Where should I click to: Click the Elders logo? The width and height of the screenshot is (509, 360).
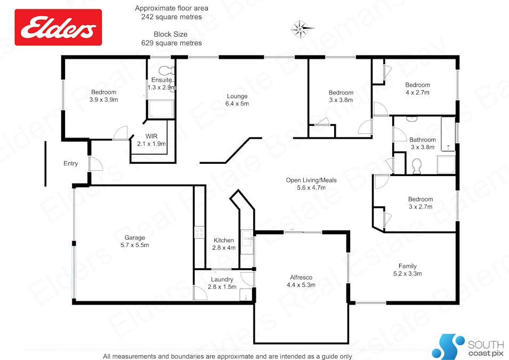[58, 27]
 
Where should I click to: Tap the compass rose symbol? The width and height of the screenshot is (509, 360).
[302, 29]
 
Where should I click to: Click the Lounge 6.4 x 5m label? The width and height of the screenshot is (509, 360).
[237, 100]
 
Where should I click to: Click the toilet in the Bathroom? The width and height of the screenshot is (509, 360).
[416, 166]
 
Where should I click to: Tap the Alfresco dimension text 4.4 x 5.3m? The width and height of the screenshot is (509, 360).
[301, 285]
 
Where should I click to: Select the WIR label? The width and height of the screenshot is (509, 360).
[151, 136]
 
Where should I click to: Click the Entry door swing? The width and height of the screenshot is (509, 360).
[96, 164]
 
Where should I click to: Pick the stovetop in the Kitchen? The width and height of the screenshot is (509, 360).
[199, 233]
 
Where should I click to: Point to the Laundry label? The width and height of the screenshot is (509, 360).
[222, 279]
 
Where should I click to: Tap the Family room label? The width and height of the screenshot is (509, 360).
[407, 270]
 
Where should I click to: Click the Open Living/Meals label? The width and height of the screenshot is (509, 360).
[311, 180]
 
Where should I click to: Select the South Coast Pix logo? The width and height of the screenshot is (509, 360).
[468, 346]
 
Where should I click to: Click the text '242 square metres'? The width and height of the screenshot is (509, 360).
[172, 17]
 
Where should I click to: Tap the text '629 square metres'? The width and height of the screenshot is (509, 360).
[172, 43]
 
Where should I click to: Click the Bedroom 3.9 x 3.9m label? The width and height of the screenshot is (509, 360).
[103, 96]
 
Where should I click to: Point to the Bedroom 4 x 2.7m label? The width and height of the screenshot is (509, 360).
[417, 89]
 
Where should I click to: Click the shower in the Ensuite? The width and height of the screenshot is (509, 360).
[161, 109]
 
